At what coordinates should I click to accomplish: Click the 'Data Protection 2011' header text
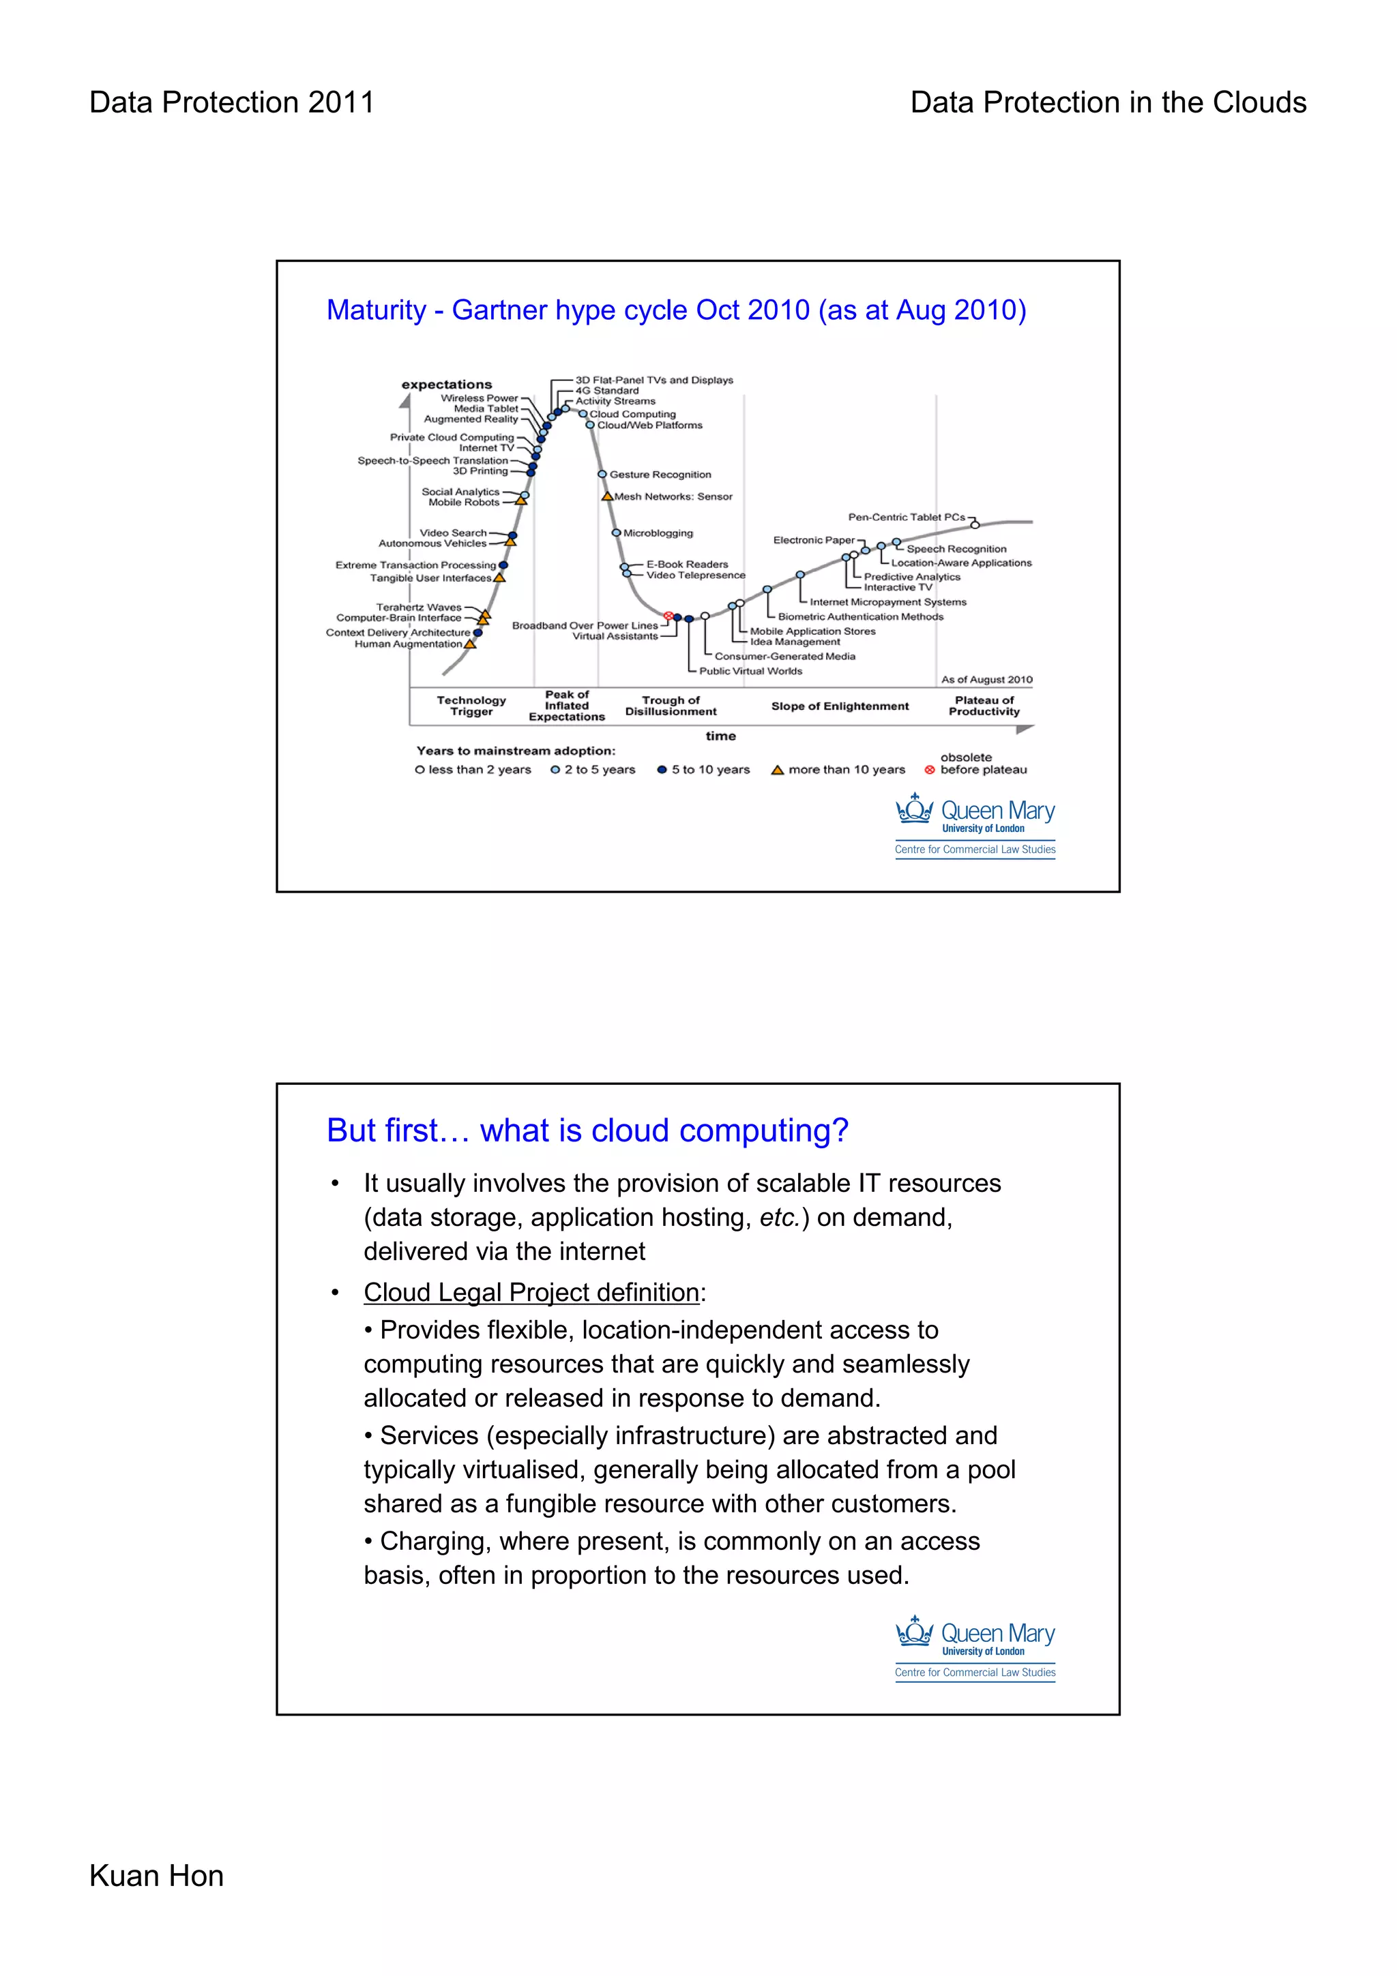point(231,102)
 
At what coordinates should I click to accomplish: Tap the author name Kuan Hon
point(156,1875)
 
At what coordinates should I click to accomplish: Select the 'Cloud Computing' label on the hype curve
point(632,414)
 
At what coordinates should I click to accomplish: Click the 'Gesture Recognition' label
point(660,474)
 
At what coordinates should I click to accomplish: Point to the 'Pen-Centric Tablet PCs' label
point(907,518)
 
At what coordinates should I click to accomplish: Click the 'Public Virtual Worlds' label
point(750,672)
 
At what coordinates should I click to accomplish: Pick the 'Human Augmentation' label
point(408,644)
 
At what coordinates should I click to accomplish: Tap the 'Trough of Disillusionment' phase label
point(671,706)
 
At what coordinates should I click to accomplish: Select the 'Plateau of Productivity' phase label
point(984,706)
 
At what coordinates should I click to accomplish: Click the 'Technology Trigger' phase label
point(471,706)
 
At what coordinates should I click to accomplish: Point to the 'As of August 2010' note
point(986,680)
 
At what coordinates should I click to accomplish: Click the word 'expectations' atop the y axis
point(447,385)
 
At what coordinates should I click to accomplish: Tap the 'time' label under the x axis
point(720,736)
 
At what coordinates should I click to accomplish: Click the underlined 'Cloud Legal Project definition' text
point(531,1293)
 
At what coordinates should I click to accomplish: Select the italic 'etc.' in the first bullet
point(779,1218)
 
